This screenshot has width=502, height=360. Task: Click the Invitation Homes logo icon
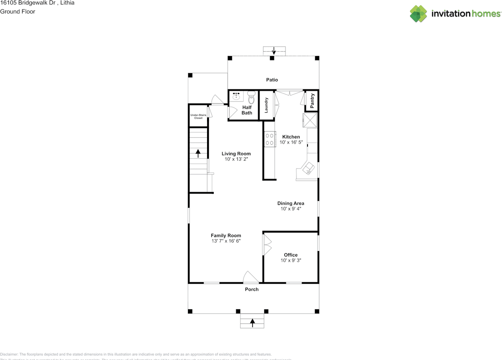(x=418, y=14)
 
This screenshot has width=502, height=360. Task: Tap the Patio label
(x=272, y=80)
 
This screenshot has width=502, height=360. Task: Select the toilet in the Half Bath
(x=251, y=98)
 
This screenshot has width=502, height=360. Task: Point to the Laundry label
(x=266, y=105)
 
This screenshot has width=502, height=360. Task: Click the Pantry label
(x=312, y=101)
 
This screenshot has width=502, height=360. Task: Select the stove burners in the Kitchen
(x=270, y=140)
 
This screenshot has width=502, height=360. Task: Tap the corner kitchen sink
(x=308, y=168)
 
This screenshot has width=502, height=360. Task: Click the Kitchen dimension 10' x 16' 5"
(x=291, y=142)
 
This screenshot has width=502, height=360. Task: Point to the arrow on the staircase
(x=198, y=153)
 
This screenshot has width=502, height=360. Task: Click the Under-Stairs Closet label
(x=198, y=116)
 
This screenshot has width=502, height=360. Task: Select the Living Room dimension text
(x=236, y=159)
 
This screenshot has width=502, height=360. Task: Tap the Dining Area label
(x=291, y=203)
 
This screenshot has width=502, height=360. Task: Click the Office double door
(x=267, y=245)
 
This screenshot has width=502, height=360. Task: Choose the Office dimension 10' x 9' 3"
(x=291, y=260)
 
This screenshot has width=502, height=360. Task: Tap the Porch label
(x=252, y=289)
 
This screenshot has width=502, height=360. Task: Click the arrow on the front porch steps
(x=252, y=323)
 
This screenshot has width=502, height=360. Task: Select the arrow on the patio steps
(x=274, y=51)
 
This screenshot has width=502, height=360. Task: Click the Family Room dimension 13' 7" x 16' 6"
(x=226, y=241)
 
